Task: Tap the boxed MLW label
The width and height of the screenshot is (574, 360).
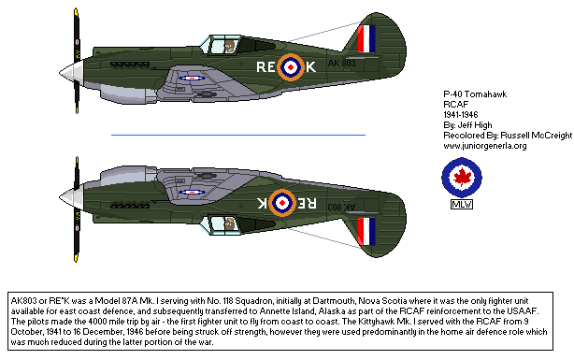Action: (462, 206)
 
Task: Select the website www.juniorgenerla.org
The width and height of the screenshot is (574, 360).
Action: (485, 146)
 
